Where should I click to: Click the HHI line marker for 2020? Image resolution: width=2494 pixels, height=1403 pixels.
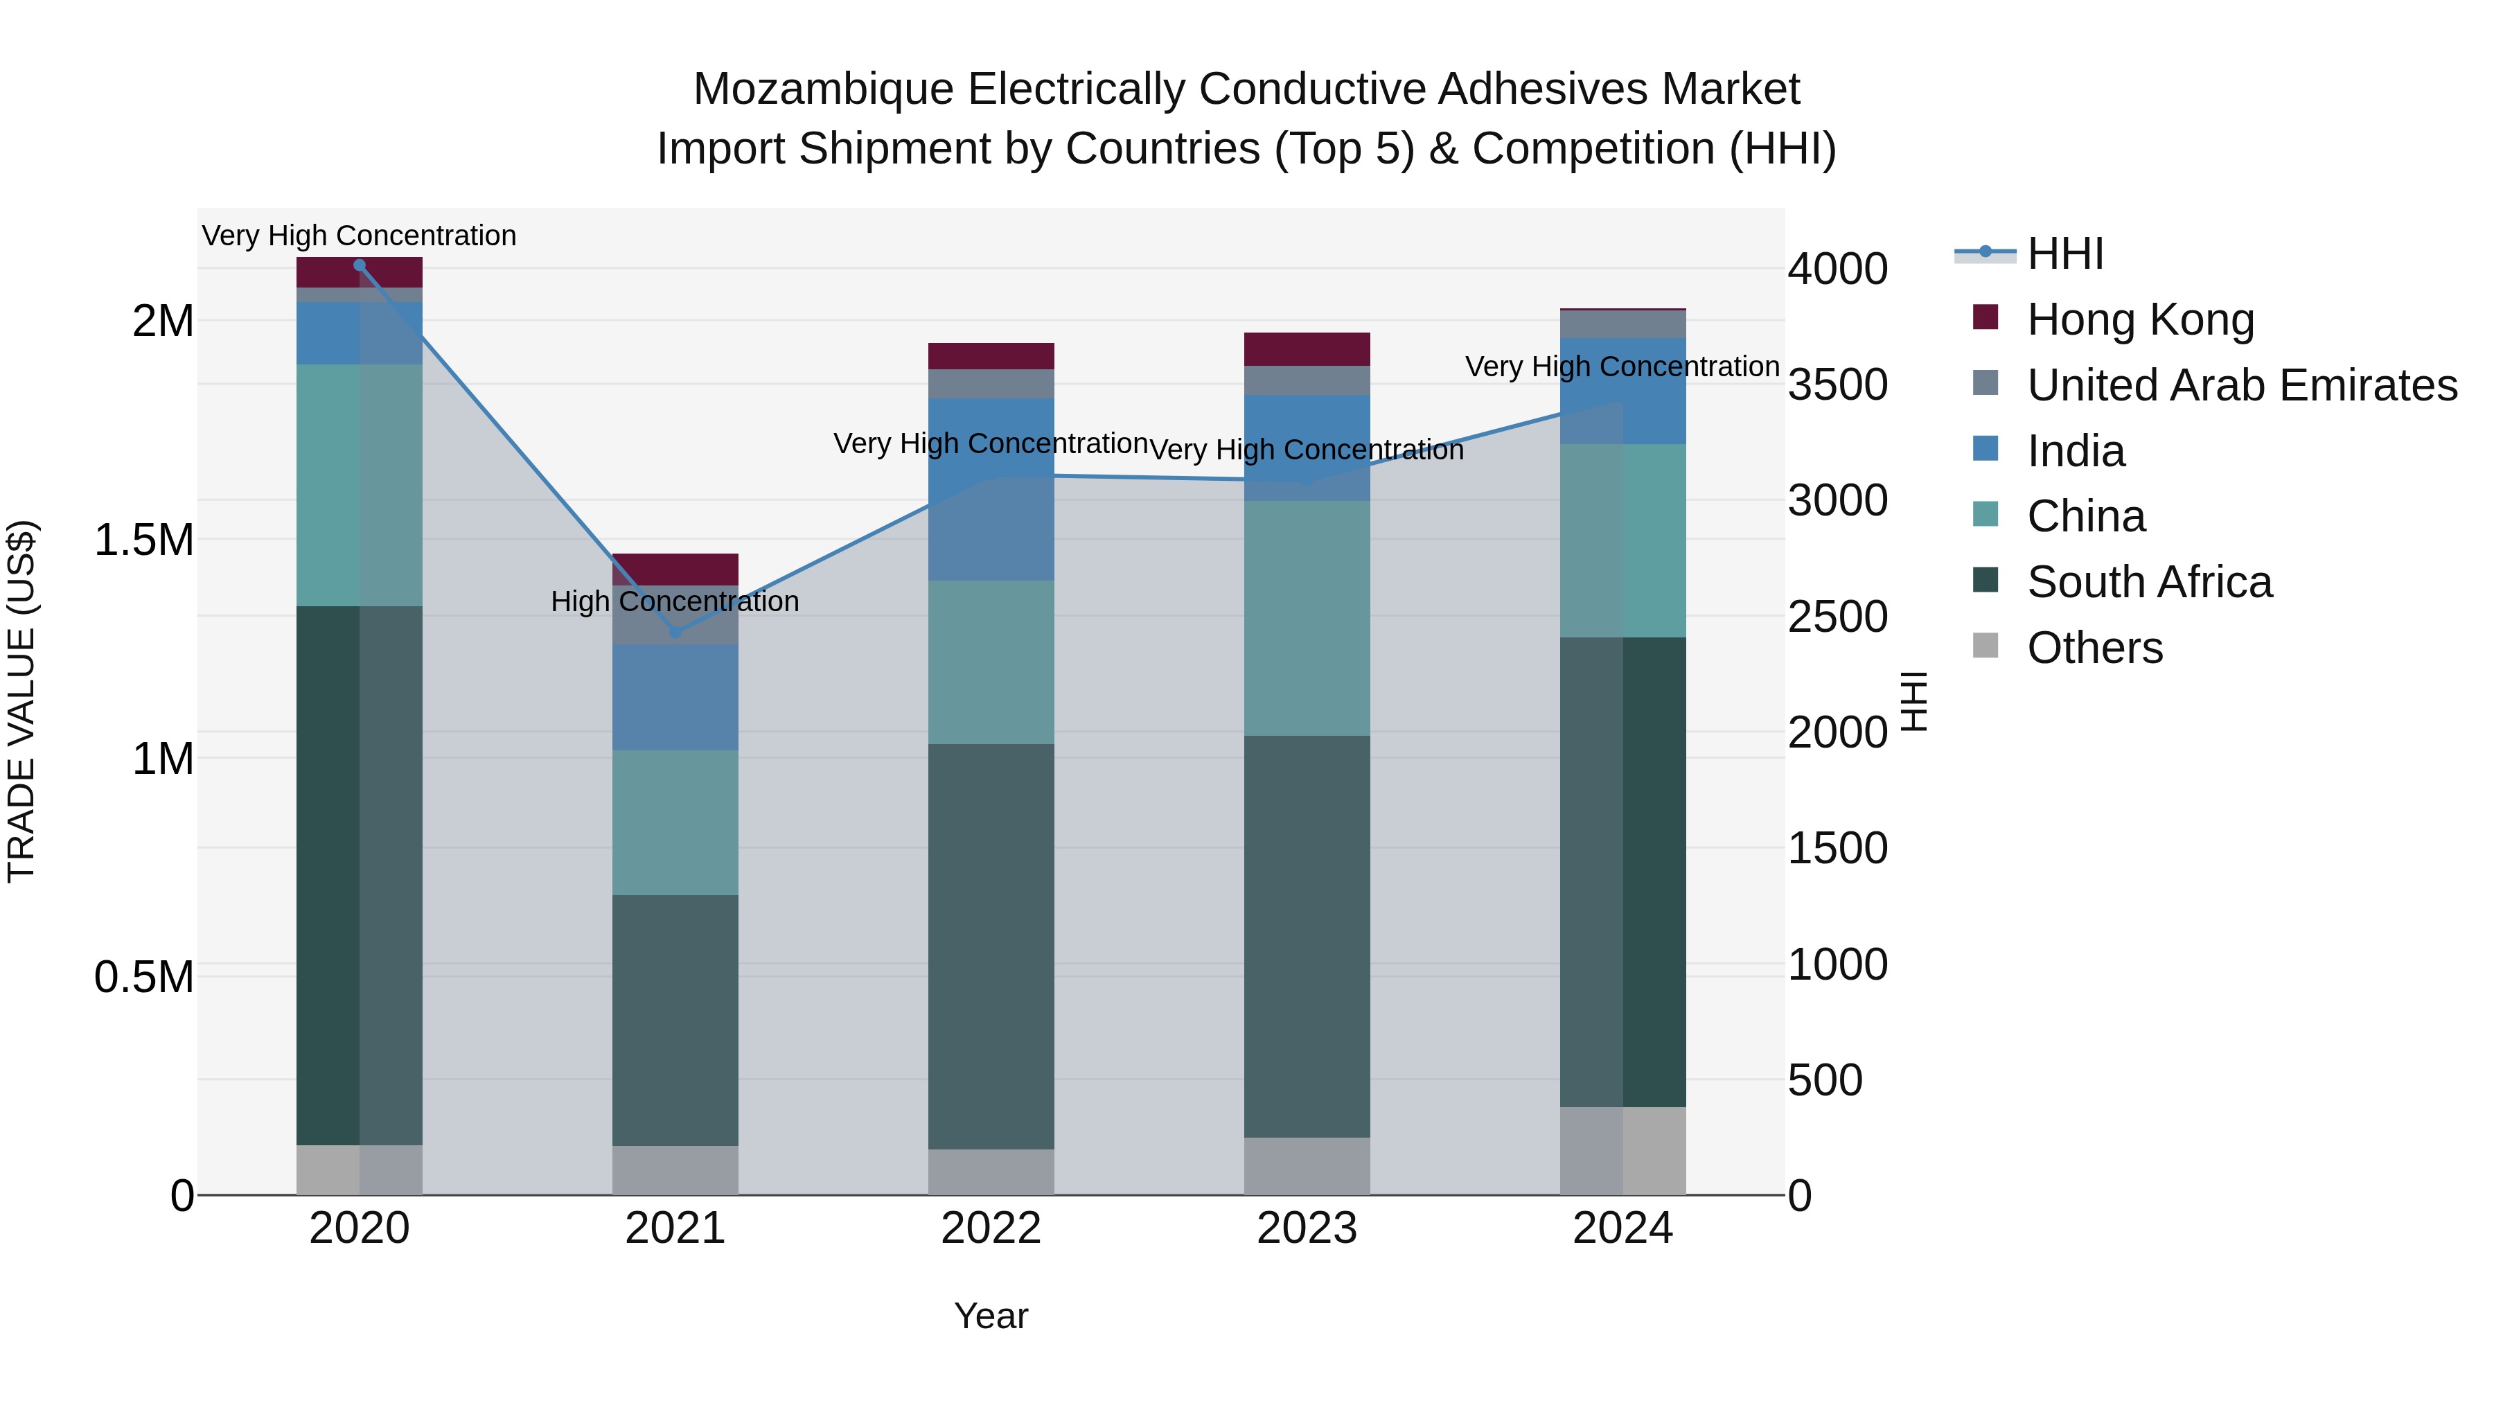coord(359,265)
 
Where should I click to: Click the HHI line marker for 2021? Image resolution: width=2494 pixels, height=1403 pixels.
coord(675,633)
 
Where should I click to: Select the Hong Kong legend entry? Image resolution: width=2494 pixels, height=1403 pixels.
coord(2141,319)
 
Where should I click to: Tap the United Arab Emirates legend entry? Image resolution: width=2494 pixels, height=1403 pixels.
coord(2241,385)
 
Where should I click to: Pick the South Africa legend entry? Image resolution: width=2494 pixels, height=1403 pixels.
coord(2148,583)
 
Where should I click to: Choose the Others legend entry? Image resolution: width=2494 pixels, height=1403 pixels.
coord(2094,648)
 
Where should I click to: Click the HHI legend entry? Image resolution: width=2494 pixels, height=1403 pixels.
coord(2064,254)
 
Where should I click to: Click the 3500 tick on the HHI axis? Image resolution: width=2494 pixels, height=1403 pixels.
coord(1837,385)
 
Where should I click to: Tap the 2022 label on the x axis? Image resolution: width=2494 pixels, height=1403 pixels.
coord(991,1228)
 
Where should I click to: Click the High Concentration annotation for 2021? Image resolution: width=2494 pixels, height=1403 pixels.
coord(675,601)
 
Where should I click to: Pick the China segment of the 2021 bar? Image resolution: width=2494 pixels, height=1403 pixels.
coord(675,822)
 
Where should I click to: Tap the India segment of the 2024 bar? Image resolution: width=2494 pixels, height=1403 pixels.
coord(1622,391)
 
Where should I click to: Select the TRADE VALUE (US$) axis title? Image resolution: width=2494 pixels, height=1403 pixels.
coord(21,701)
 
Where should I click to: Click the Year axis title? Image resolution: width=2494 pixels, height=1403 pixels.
coord(991,1316)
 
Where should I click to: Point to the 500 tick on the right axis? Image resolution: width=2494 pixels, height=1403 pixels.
coord(1824,1081)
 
